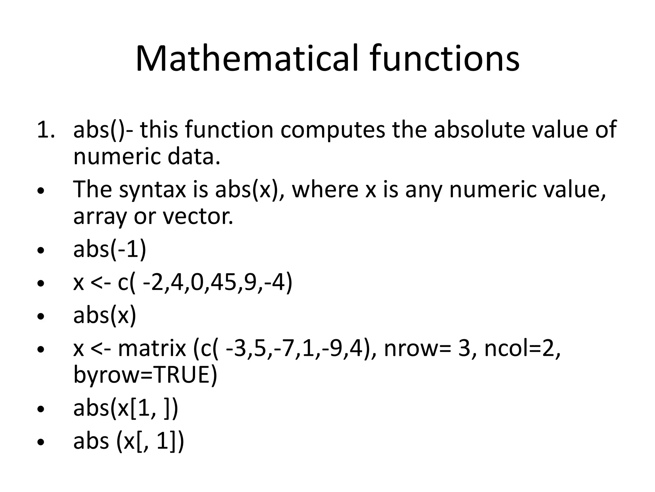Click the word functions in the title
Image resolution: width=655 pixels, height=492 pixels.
(x=445, y=59)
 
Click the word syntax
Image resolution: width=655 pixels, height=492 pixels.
(x=152, y=190)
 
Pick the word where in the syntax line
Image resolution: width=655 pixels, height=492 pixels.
(x=325, y=189)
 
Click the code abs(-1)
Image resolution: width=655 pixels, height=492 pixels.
(x=110, y=250)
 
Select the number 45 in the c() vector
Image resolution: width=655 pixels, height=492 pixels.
(x=224, y=283)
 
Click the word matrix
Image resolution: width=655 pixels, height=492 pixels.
(x=152, y=348)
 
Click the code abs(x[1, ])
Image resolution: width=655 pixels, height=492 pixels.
(x=125, y=408)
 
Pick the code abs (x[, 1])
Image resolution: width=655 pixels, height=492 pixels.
(x=129, y=442)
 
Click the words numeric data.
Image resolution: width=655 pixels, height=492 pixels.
(x=147, y=157)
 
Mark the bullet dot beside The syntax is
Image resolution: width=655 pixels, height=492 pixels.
(x=41, y=191)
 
